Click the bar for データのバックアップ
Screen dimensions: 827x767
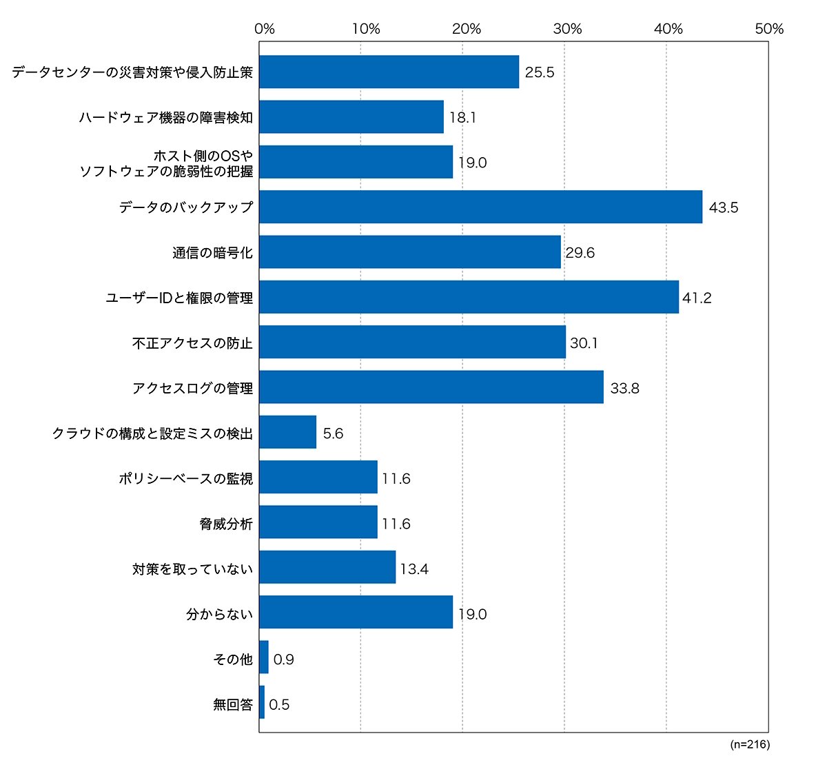pos(480,207)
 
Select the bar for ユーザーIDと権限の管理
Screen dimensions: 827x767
pos(469,297)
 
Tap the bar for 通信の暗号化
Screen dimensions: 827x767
pos(410,252)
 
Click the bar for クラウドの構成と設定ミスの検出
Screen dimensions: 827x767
pos(287,432)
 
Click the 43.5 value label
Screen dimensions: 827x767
pos(724,207)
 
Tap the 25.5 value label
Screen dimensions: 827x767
pos(539,72)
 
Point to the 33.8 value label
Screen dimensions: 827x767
pos(624,388)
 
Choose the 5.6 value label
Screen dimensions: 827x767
pos(333,433)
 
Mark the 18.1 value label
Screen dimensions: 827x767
pos(462,117)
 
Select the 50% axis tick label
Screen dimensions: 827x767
pos(769,29)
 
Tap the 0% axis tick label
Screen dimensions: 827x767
pos(265,29)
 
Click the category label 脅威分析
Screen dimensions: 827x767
pos(226,524)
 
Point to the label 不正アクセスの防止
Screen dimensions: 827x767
pos(192,343)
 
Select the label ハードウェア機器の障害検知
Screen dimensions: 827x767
pos(165,117)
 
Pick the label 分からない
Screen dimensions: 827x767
pos(219,614)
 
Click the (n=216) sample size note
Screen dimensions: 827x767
pos(750,744)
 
